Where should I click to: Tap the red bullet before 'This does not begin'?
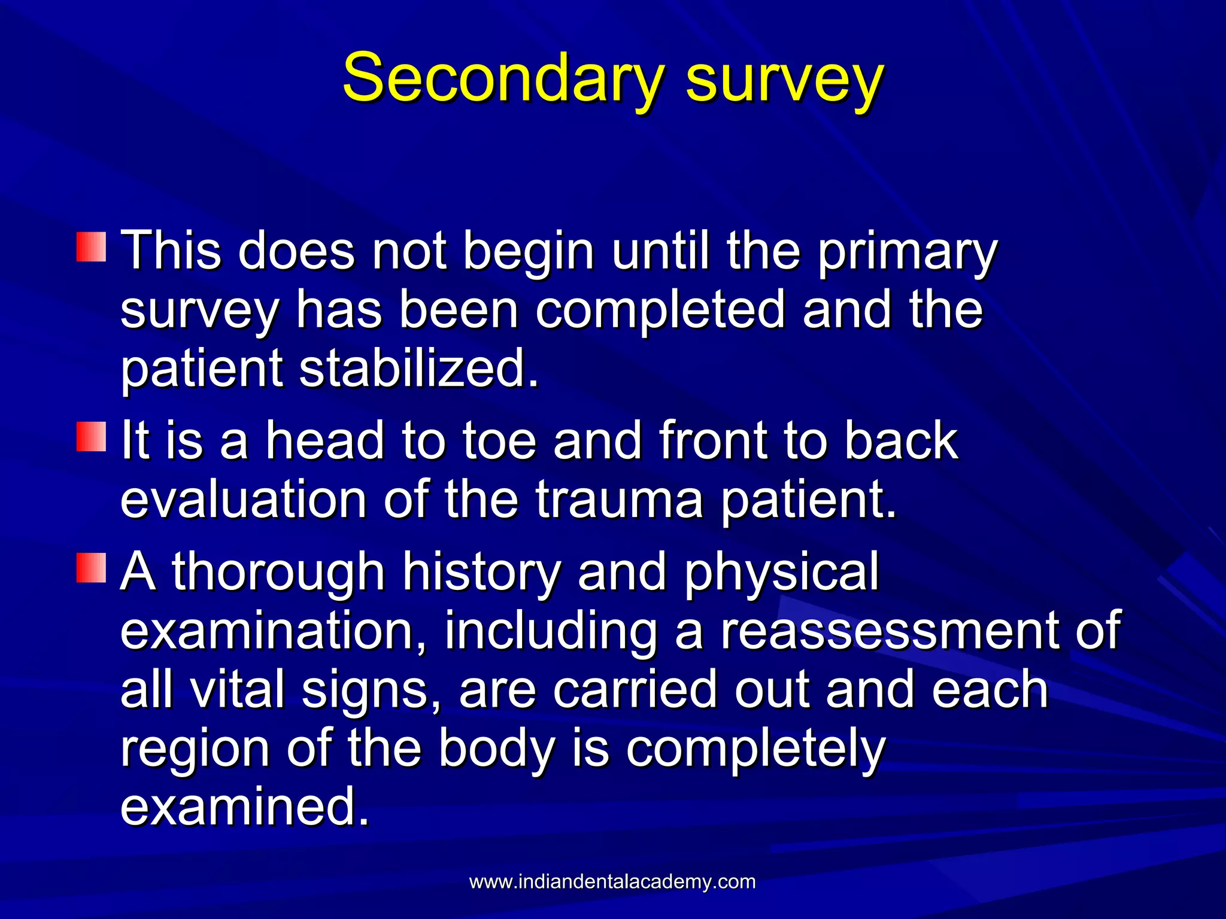91,247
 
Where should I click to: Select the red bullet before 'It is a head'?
91,437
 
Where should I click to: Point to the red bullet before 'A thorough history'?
91,567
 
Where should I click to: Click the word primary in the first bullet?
906,251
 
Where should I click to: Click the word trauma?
619,499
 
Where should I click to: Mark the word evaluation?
243,499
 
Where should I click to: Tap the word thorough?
278,572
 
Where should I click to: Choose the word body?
496,748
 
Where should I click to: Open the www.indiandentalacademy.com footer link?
612,881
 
